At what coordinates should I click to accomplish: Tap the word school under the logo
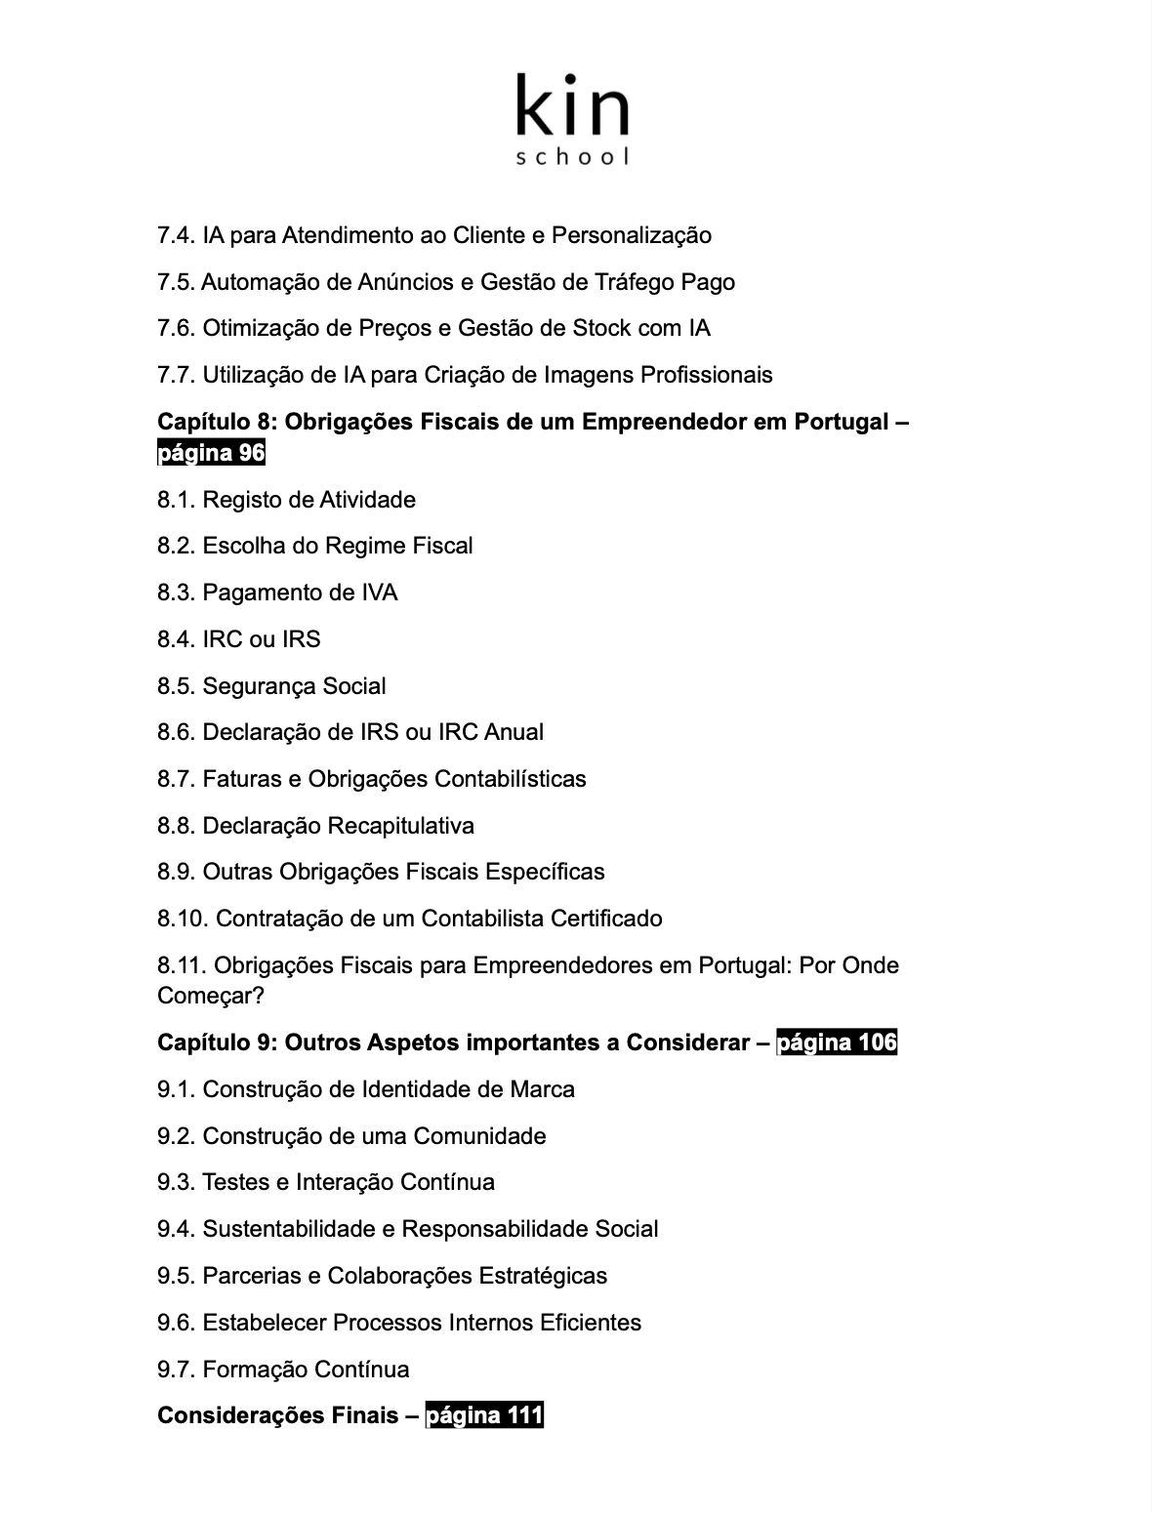572,156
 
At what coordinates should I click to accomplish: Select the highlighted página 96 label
211,453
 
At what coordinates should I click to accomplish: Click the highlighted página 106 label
837,1043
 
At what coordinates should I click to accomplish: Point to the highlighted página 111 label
484,1415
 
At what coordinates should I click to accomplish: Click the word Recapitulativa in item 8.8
400,826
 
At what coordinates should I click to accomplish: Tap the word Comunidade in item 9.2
479,1136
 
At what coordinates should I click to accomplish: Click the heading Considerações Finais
277,1415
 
